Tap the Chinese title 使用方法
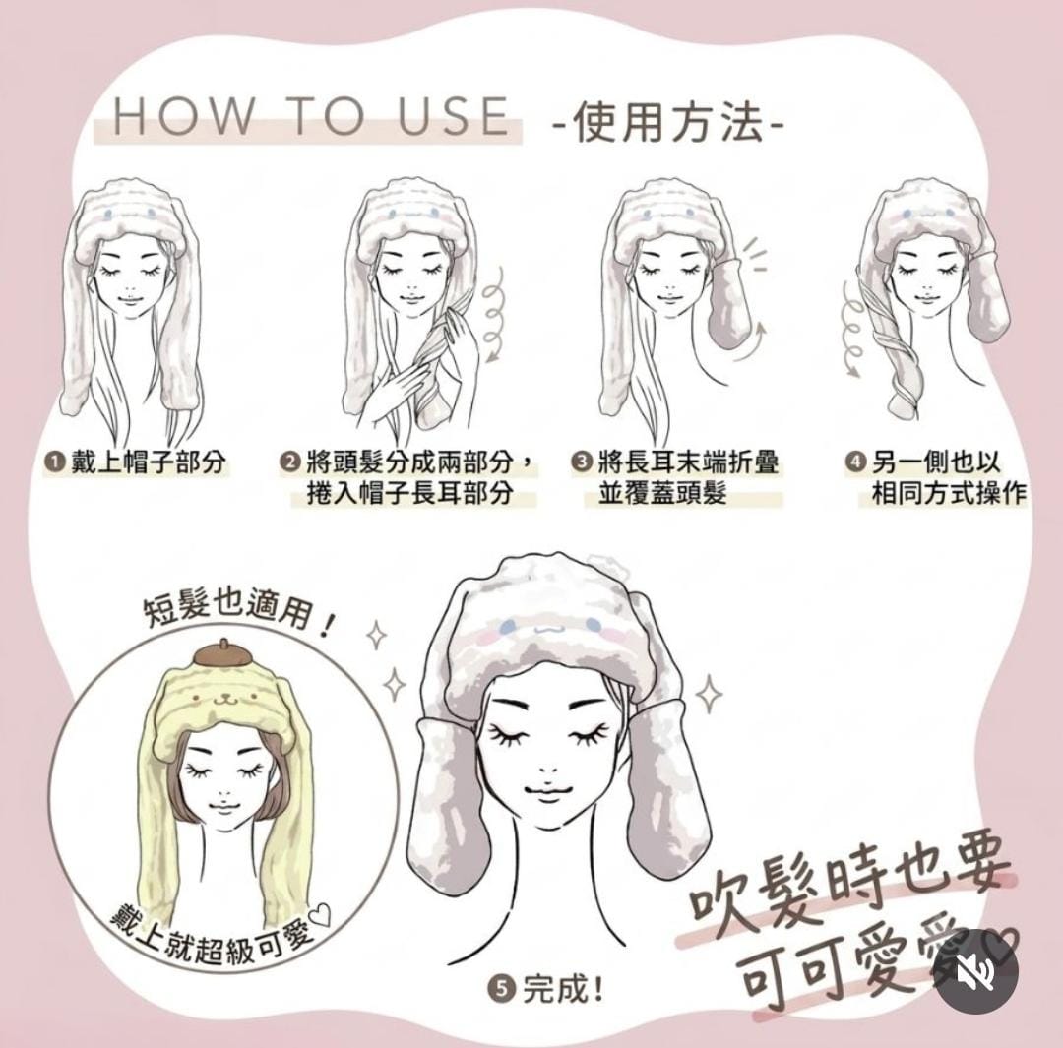[x=670, y=124]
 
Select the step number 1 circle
[x=53, y=462]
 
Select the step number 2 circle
[x=289, y=462]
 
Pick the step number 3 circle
[x=581, y=462]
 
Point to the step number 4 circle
[x=855, y=462]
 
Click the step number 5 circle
[x=502, y=989]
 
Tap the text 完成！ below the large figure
[x=562, y=989]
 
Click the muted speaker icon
[x=976, y=972]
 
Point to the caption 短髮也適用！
[x=237, y=613]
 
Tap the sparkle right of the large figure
[x=709, y=694]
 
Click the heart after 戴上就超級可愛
[x=319, y=917]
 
